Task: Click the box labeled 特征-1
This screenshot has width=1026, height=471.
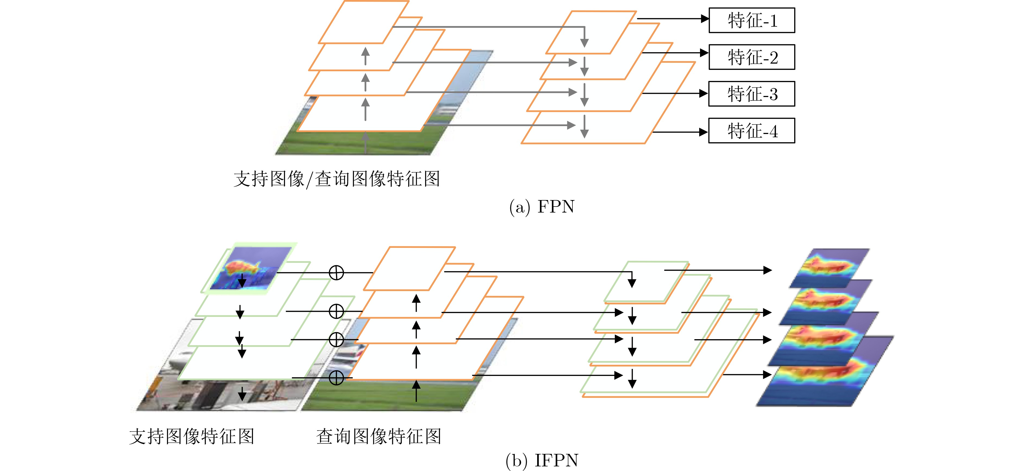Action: pos(752,20)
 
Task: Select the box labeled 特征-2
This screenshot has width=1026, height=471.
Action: pos(752,57)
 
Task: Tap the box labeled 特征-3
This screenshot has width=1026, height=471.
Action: pos(752,94)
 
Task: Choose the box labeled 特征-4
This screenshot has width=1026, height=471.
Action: pos(752,130)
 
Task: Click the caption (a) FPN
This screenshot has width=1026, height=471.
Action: pos(542,207)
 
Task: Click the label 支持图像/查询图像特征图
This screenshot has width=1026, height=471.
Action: pos(337,179)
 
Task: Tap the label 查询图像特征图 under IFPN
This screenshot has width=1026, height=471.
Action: pos(379,436)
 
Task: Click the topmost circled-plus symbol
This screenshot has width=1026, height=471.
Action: pos(336,273)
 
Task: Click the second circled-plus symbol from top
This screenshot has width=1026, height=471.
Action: pos(336,311)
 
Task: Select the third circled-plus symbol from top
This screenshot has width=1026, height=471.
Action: pos(336,339)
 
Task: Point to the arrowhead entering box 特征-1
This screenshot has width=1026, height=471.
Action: pos(705,18)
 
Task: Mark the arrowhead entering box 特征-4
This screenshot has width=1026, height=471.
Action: pos(704,132)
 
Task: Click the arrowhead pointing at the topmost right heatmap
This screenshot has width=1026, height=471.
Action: pos(768,270)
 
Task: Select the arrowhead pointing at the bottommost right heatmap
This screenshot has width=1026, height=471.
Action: pos(768,375)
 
